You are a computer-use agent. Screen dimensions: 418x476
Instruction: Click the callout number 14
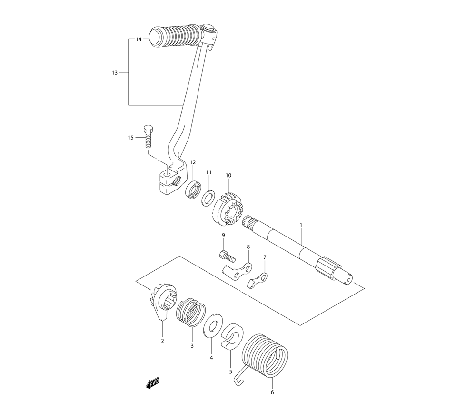point(139,40)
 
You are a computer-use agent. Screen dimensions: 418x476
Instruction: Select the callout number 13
point(114,73)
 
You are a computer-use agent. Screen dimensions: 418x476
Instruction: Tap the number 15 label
point(130,138)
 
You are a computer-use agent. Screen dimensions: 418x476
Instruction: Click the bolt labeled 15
point(148,137)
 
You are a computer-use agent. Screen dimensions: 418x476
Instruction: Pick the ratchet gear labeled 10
point(226,209)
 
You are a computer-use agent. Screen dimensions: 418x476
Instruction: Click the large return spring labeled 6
point(265,356)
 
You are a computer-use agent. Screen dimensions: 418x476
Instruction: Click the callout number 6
point(272,392)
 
